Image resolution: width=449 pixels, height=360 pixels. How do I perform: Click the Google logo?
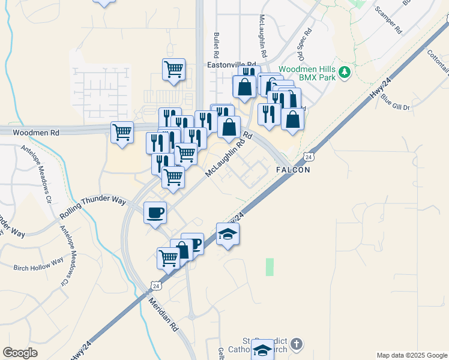click(20, 353)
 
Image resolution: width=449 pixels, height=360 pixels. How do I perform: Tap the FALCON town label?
click(293, 170)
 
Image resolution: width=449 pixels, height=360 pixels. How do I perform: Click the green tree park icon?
click(344, 73)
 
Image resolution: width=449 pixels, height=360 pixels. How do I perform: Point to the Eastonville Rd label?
click(231, 64)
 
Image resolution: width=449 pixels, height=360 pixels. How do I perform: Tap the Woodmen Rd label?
click(29, 131)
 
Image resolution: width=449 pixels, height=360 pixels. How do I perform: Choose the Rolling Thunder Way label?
click(93, 206)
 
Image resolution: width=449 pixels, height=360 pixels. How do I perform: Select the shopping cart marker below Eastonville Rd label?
click(173, 69)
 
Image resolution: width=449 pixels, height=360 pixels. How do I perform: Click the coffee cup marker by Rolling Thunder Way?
click(155, 212)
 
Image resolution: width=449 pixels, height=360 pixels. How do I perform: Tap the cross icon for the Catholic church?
click(295, 344)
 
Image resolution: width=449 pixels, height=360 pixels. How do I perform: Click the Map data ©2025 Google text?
click(411, 355)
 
